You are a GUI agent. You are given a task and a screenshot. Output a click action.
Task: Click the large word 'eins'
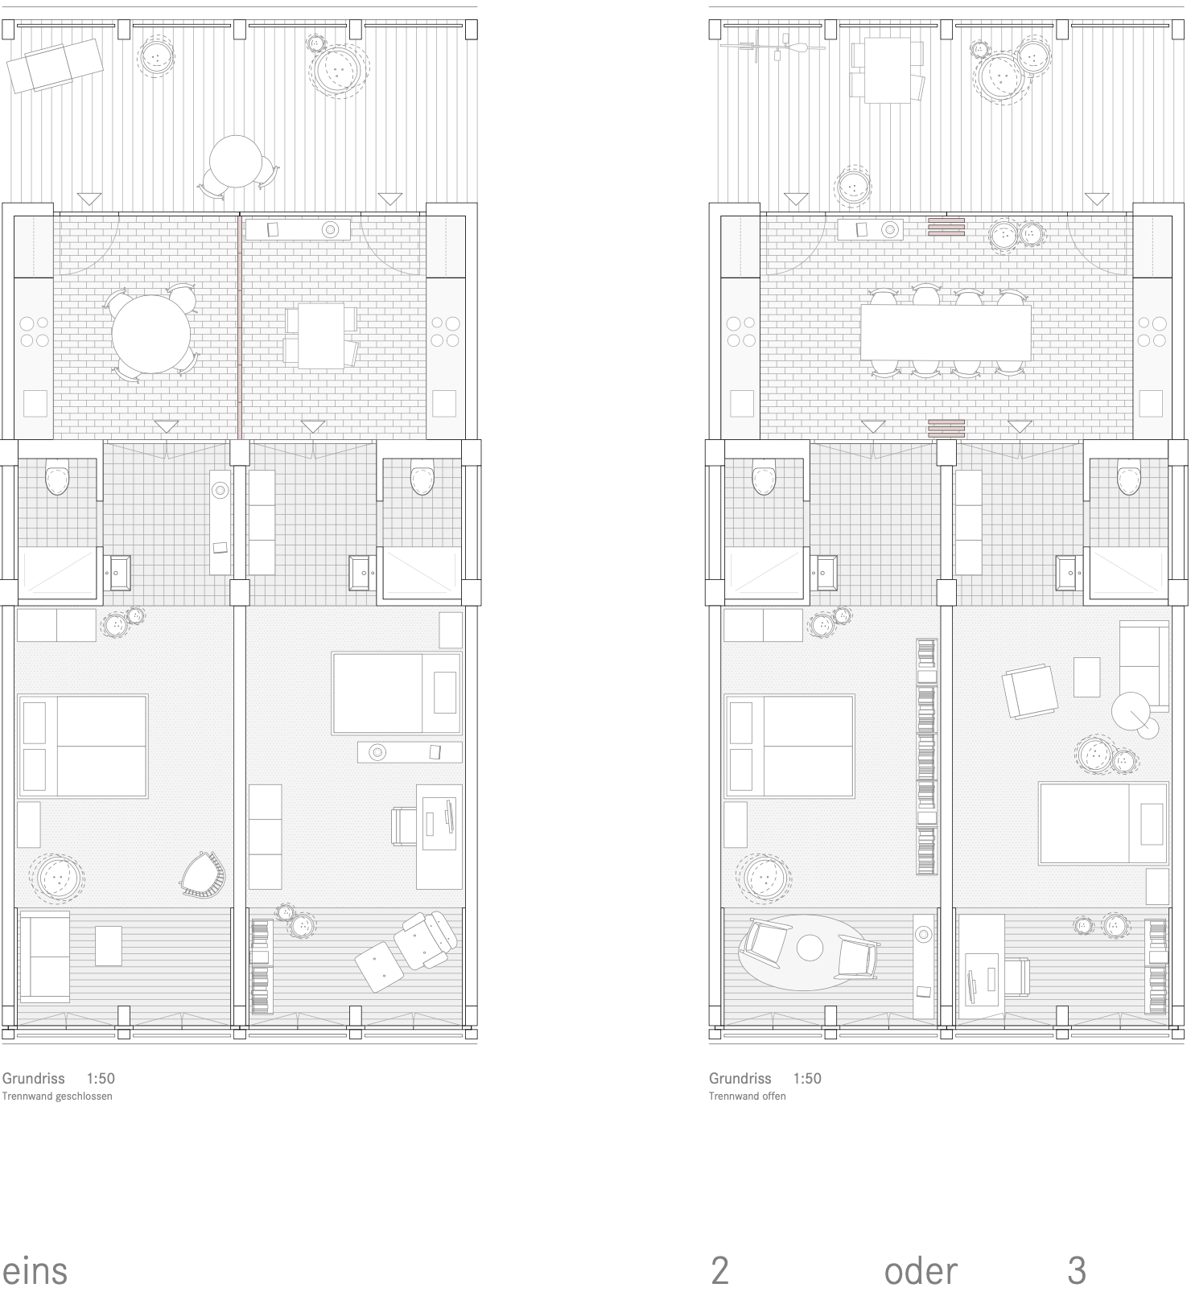pos(35,1271)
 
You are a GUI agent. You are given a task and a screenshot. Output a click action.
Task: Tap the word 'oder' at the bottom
pos(921,1271)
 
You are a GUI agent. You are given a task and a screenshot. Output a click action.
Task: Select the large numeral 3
pos(1077,1271)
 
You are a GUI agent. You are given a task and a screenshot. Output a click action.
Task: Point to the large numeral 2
pos(719,1271)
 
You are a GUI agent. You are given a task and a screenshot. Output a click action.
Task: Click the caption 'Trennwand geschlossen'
pos(58,1096)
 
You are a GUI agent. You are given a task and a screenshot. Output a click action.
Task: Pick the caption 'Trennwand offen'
pos(747,1096)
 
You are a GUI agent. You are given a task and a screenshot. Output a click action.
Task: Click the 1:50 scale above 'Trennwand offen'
pos(807,1078)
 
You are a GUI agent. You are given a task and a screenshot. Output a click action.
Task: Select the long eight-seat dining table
pos(946,332)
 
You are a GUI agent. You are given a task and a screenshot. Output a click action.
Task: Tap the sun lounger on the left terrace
pos(55,60)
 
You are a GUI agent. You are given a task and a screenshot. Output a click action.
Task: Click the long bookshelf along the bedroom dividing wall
pos(927,756)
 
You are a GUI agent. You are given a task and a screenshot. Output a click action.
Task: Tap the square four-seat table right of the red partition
pos(321,336)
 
